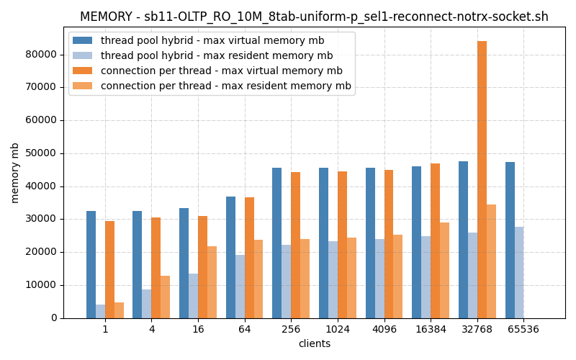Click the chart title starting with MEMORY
point(314,17)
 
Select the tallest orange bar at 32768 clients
point(482,180)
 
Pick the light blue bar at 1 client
point(100,311)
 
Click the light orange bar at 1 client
point(119,310)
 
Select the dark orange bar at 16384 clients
point(435,240)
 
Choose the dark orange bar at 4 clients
point(156,267)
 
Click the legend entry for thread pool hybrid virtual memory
point(212,41)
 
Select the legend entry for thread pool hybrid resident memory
point(216,56)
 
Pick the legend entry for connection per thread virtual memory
point(221,71)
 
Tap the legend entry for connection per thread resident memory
point(225,86)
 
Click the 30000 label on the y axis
point(41,220)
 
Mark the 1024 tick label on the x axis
point(338,329)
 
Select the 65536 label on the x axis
point(523,329)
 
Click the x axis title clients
point(315,344)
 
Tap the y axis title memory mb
point(15,173)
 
